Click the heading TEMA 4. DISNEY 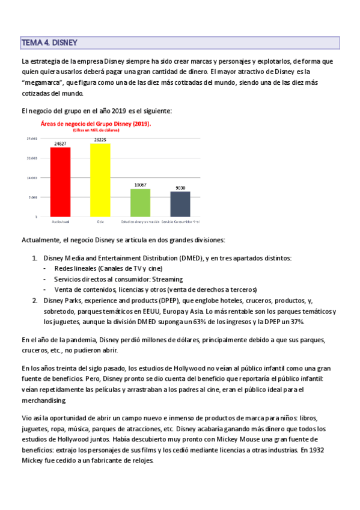click(50, 43)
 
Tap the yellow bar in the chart click(100, 180)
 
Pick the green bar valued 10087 click(140, 203)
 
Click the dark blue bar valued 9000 click(180, 204)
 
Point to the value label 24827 click(61, 143)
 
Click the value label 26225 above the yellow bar click(100, 140)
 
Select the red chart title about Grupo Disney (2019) click(96, 124)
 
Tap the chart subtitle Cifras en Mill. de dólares click(96, 130)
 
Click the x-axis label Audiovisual click(61, 222)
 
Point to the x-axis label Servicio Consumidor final click(180, 222)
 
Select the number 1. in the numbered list click(34, 258)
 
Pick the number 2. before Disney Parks click(34, 300)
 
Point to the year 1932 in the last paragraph click(326, 450)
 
